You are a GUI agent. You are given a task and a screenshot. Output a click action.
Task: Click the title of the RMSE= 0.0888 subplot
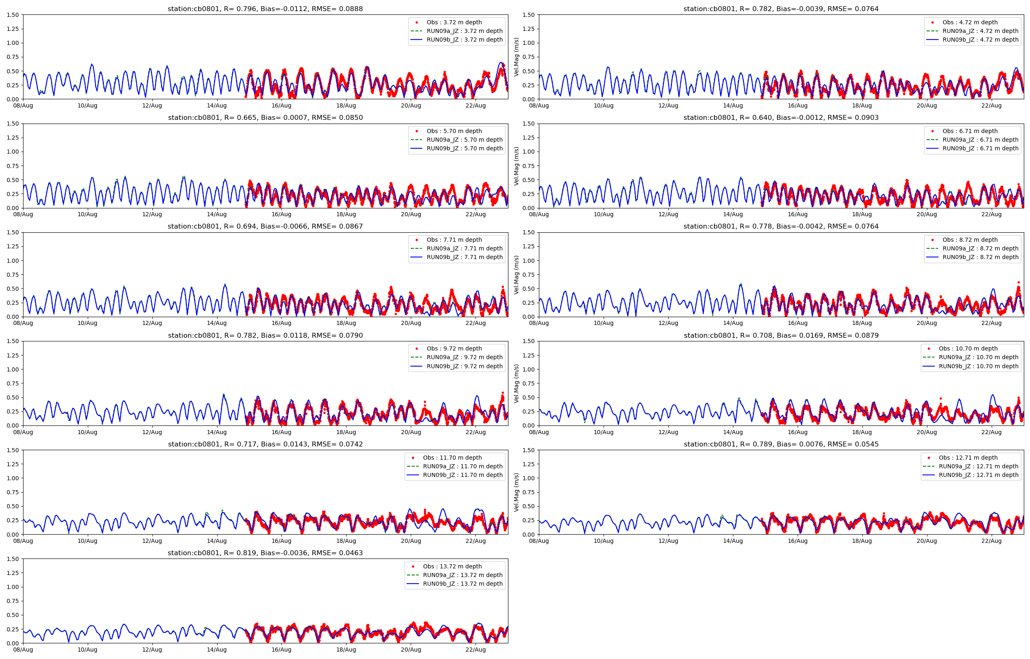coord(265,9)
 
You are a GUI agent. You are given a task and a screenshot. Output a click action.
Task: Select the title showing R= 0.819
coord(265,553)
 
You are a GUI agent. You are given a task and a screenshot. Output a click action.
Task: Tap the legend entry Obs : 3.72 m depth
coord(454,22)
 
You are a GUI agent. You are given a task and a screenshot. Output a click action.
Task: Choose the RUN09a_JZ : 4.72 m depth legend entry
coord(980,31)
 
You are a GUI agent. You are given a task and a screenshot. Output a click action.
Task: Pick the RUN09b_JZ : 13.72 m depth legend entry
coord(463,584)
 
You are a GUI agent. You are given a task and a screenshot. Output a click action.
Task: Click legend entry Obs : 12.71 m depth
coord(968,458)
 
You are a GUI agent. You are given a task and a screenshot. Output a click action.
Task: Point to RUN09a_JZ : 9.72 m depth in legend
coord(464,358)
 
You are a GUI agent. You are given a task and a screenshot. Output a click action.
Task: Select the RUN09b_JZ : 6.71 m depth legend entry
coord(980,149)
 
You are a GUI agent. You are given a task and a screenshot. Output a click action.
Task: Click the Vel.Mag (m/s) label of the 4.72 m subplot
coord(517,57)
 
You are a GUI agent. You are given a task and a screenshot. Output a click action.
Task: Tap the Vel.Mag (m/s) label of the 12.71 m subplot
coord(517,492)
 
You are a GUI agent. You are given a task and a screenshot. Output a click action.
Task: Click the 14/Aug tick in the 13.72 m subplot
coord(217,650)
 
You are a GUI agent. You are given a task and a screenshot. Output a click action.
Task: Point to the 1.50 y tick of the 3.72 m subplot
coord(13,15)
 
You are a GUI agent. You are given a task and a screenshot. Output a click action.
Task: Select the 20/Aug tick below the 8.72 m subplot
coord(927,323)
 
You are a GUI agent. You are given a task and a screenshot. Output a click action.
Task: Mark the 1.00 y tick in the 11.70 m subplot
coord(13,479)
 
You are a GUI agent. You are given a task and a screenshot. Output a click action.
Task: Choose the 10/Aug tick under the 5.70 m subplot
coord(87,215)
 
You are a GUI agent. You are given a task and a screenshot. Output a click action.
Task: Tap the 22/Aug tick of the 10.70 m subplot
coord(991,432)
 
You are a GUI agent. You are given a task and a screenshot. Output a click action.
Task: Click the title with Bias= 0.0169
coord(781,336)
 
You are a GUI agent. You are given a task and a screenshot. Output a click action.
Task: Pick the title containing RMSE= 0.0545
coord(781,444)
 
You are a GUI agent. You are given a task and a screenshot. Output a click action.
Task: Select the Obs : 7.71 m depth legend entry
coord(454,240)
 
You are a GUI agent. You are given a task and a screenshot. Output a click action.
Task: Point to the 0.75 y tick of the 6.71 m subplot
coord(529,166)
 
